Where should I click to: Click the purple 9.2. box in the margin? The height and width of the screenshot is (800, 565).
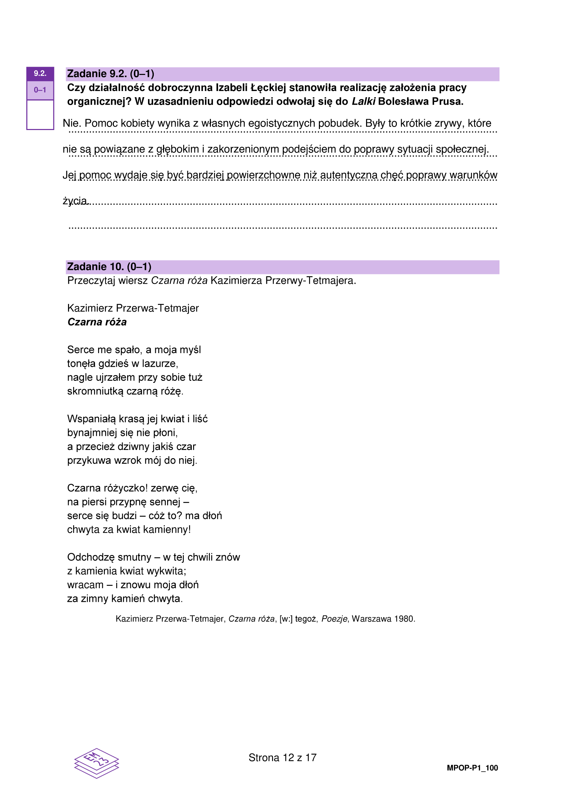tap(40, 74)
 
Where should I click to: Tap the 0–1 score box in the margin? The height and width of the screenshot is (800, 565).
tap(40, 90)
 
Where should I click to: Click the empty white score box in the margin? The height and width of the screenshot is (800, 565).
tap(40, 115)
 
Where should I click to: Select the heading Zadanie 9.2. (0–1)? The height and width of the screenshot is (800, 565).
tap(110, 74)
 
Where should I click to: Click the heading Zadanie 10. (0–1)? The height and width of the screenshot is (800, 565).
tap(109, 267)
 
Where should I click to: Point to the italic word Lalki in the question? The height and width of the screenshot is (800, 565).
tap(363, 101)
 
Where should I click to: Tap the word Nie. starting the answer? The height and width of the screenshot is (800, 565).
tap(72, 123)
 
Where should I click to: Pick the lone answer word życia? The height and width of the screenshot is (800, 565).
tap(75, 201)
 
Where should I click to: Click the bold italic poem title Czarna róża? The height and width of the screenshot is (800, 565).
tap(97, 322)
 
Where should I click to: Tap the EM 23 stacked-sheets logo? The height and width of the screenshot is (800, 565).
tap(96, 763)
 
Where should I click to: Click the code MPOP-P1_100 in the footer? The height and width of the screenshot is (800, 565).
tap(472, 768)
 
